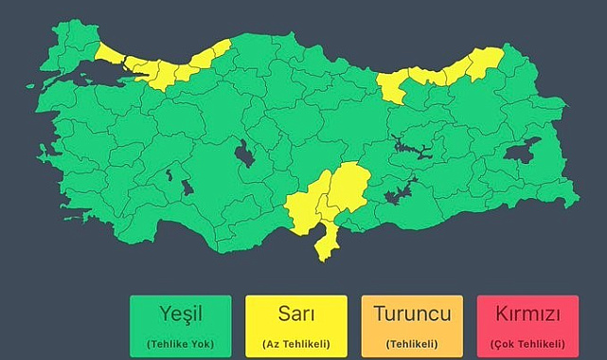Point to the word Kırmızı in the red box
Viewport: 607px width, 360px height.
point(527,314)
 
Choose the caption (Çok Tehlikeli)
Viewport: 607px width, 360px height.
point(527,342)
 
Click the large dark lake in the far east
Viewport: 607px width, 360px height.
point(522,152)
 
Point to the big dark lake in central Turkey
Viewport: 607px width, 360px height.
point(244,153)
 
